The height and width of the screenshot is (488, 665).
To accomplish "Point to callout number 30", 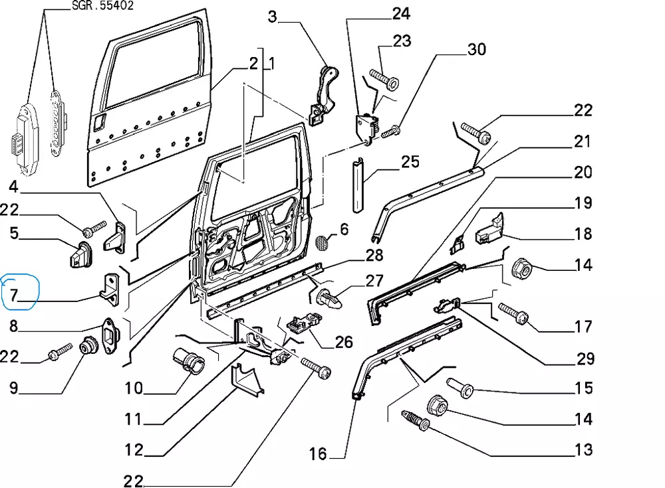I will coord(477,49).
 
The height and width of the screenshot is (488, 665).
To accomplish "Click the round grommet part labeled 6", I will coord(323,242).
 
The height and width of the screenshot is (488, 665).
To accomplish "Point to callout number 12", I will coord(134,450).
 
